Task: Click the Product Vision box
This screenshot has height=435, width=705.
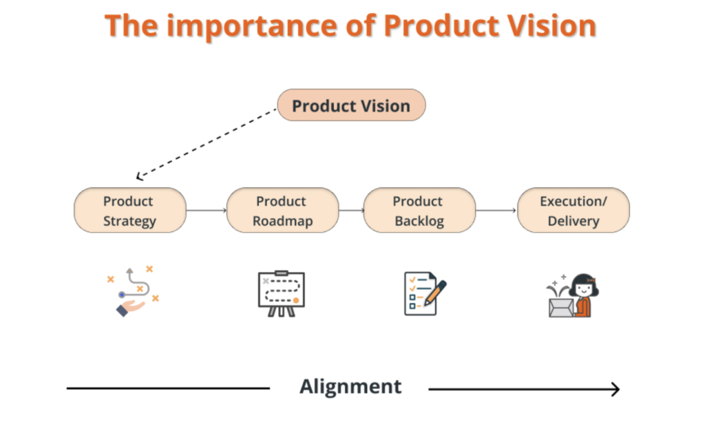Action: [x=351, y=105]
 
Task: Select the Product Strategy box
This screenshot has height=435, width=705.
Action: [x=129, y=211]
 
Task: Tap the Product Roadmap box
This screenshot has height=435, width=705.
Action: [x=282, y=211]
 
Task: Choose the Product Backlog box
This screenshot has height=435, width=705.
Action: [x=419, y=211]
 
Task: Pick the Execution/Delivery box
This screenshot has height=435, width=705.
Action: [x=573, y=211]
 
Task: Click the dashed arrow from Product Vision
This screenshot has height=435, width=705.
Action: [x=207, y=142]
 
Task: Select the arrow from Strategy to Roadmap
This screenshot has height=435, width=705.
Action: [x=206, y=211]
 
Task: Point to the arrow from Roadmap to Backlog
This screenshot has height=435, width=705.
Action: [x=351, y=211]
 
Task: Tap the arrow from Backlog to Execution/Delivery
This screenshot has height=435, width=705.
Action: [x=496, y=211]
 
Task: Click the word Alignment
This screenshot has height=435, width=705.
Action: [x=350, y=386]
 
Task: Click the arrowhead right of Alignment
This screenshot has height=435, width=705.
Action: [x=615, y=390]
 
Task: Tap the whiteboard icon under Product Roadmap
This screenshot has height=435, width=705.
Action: [x=281, y=293]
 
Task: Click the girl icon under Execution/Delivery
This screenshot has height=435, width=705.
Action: [x=582, y=293]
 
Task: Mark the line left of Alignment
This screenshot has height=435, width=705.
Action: [x=168, y=388]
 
